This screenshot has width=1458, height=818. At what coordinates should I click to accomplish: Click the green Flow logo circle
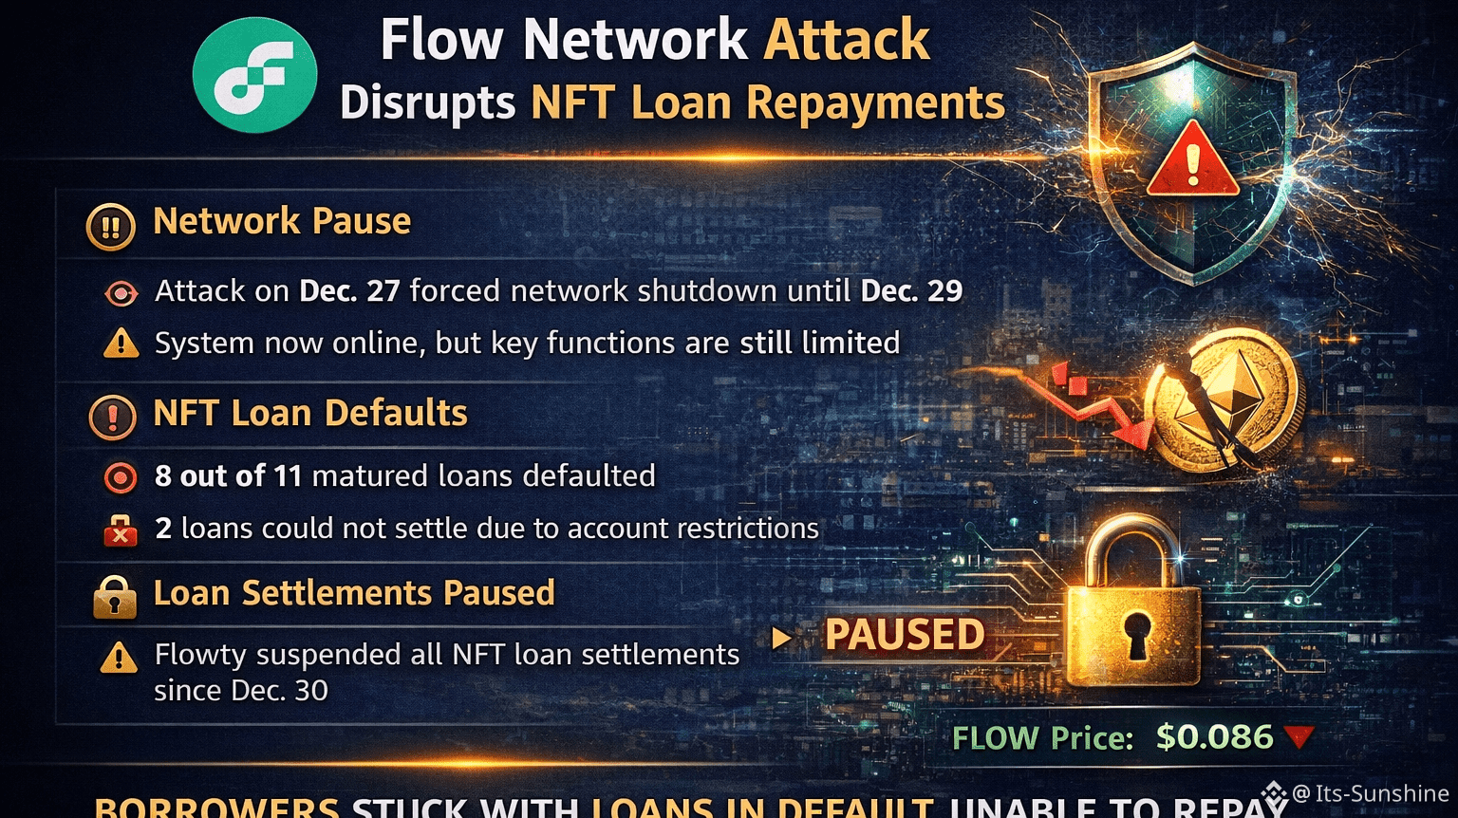tap(254, 74)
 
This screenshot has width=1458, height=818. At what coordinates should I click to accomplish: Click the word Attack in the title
tap(847, 40)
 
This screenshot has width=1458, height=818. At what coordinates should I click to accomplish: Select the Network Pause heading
tap(282, 221)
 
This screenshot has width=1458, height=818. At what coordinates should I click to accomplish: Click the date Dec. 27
tap(349, 290)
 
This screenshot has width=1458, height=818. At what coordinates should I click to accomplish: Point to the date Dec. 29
tap(911, 290)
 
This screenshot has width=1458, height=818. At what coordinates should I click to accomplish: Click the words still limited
tap(819, 343)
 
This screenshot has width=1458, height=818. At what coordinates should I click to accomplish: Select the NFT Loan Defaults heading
tap(310, 413)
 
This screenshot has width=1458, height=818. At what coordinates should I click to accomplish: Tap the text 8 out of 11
tap(228, 475)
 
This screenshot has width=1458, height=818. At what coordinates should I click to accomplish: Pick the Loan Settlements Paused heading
tap(354, 593)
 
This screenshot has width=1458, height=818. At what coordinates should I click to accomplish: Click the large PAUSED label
tap(905, 635)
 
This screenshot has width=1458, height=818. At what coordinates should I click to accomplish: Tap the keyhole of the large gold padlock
tap(1135, 634)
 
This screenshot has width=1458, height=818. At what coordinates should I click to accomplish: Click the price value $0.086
tap(1214, 737)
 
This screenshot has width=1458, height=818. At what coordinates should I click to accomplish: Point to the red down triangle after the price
tap(1299, 736)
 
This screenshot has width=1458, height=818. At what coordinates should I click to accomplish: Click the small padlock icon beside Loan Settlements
tap(115, 597)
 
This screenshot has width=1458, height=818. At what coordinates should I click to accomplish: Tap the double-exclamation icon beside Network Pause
tap(111, 227)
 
